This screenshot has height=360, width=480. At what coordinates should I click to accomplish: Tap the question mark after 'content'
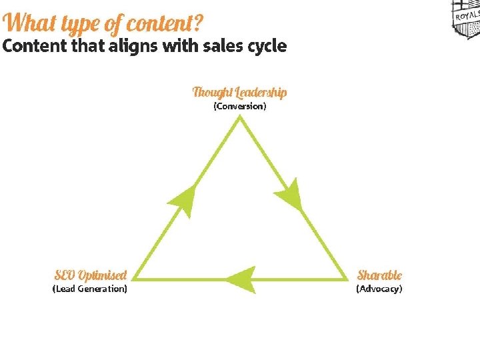point(198,23)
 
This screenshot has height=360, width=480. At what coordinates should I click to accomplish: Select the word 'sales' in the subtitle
point(223,45)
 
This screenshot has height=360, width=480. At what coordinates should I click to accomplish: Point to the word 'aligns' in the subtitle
point(133,47)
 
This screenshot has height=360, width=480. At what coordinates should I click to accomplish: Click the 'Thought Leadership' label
point(240,93)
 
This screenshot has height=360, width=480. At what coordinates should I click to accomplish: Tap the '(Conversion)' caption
point(240,106)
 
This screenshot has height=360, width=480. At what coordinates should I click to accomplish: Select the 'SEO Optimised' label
point(91,275)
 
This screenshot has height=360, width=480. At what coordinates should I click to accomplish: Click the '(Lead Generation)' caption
point(90,289)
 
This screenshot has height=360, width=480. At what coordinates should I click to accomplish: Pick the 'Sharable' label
point(379,275)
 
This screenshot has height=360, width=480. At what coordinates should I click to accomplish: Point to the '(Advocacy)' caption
point(379,289)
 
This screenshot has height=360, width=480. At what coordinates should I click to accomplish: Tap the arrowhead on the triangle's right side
point(289,195)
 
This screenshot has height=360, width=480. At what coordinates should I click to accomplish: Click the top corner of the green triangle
point(240,117)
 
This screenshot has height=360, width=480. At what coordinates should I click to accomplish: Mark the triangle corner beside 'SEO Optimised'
point(133,279)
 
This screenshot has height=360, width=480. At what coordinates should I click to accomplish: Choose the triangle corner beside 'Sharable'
point(347,279)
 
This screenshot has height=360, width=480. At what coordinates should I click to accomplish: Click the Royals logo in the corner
point(466,19)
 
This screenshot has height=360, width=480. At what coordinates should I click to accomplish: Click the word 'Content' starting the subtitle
point(35,45)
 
